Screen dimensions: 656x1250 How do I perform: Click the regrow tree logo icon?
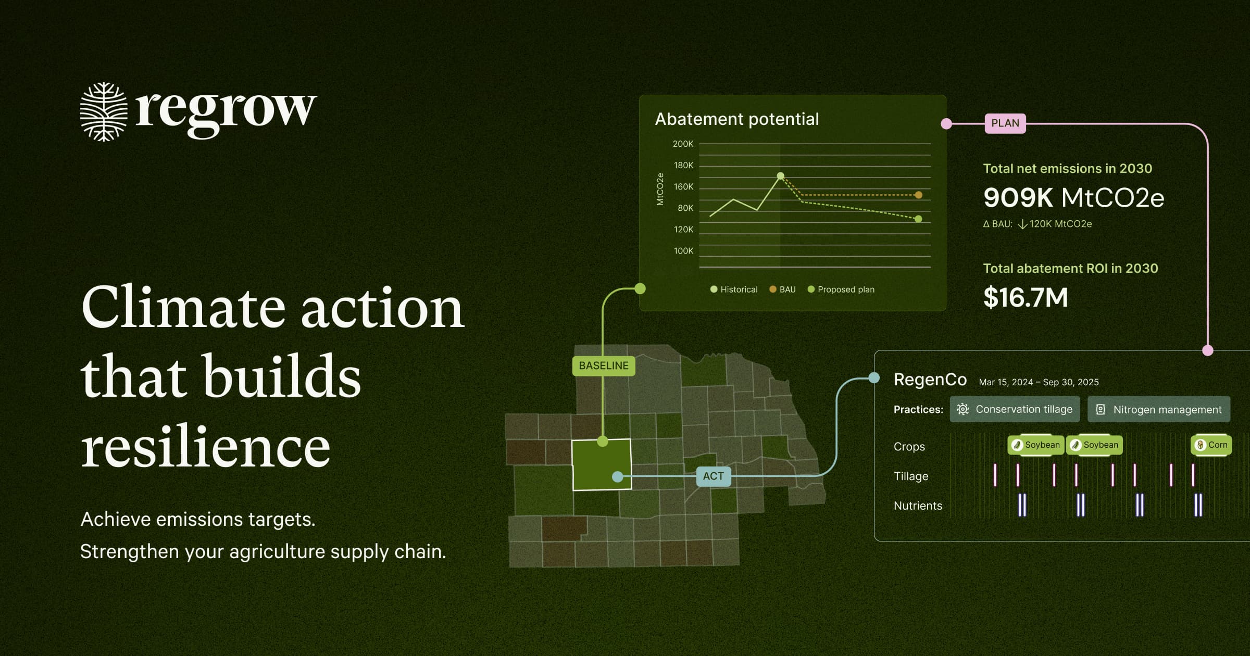pos(104,111)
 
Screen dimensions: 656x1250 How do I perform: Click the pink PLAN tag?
pos(1005,123)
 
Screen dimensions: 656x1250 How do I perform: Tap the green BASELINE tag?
pos(603,365)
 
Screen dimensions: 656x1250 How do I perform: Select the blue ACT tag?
pos(713,476)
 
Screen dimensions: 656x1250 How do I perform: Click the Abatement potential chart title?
pos(736,119)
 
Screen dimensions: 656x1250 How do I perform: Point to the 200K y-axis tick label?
pos(683,144)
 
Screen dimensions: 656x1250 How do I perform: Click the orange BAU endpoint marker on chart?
pos(919,195)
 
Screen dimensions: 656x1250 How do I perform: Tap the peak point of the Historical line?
pos(780,176)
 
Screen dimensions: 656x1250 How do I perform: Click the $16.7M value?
pos(1025,297)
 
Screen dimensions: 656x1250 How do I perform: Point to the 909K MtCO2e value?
pos(1073,198)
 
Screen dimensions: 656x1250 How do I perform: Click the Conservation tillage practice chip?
pos(1015,409)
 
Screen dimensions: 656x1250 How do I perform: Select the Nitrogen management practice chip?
pos(1158,409)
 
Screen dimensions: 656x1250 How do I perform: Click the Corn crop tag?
pos(1211,445)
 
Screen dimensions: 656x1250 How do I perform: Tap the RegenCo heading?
pos(930,380)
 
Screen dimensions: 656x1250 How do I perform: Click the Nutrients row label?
pos(918,506)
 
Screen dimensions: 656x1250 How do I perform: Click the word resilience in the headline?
pos(206,446)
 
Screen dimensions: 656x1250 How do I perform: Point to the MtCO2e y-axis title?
pos(660,189)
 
